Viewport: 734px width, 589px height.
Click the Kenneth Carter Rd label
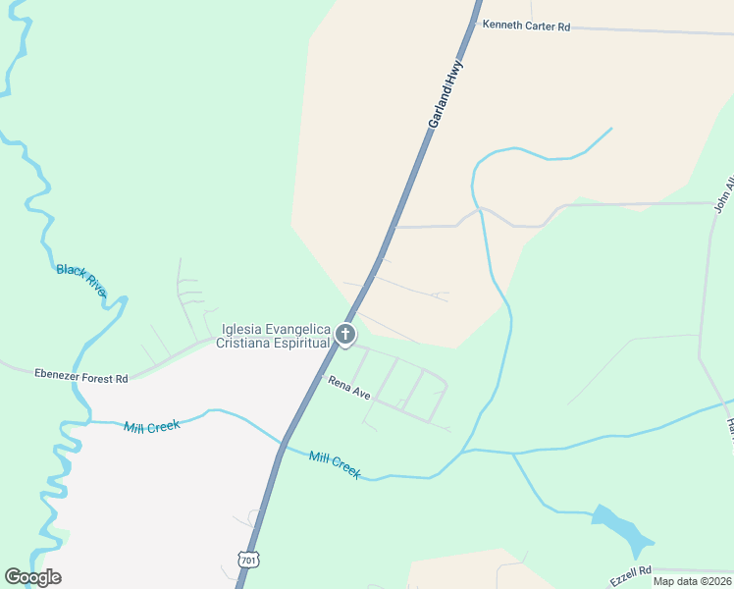[x=526, y=27]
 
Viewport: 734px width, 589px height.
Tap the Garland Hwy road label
[x=445, y=94]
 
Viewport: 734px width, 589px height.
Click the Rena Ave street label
[x=348, y=388]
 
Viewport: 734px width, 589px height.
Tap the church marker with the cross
[x=344, y=335]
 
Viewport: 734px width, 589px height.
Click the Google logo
[x=32, y=577]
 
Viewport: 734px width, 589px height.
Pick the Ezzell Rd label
[x=630, y=576]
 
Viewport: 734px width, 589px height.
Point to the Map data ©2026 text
[x=692, y=581]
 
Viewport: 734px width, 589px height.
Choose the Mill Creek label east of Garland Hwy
[x=335, y=464]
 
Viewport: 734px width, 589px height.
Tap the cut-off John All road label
[x=724, y=194]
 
